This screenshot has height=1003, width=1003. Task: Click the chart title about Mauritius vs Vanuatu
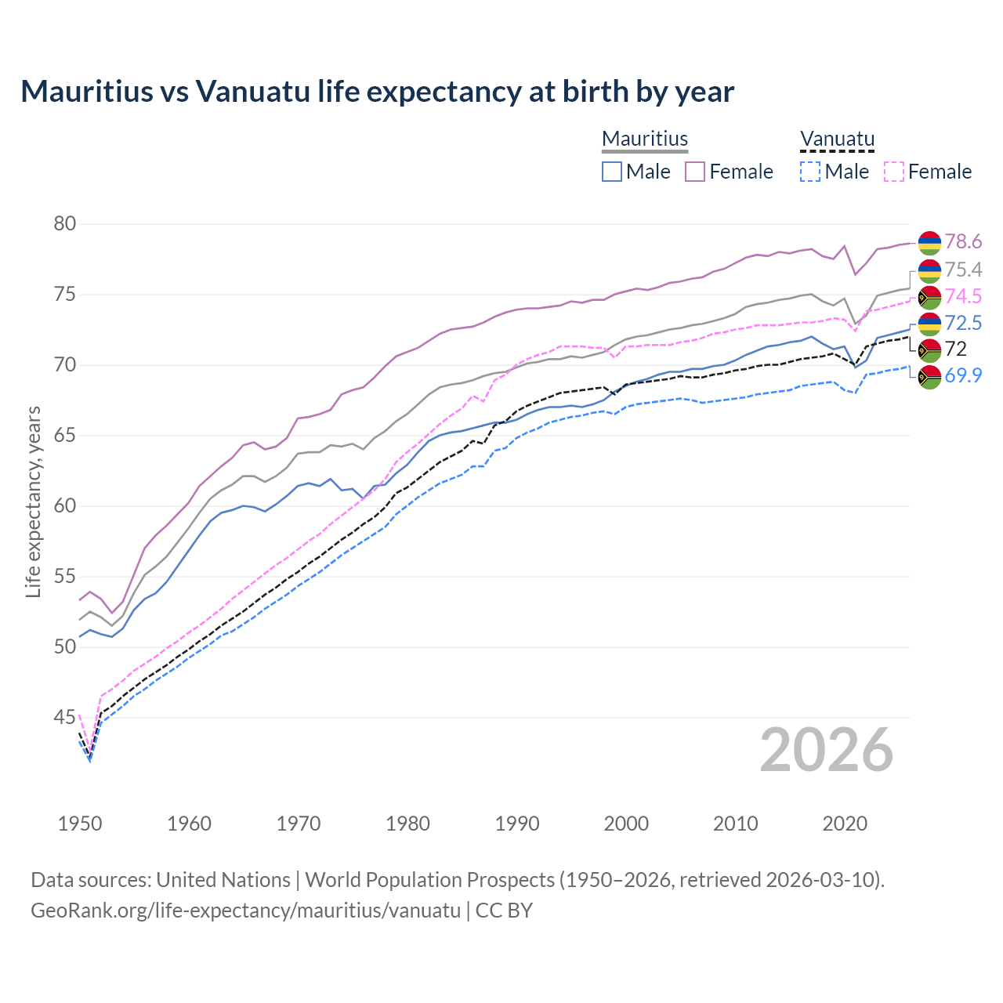click(x=377, y=92)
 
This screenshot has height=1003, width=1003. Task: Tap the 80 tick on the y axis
click(x=65, y=224)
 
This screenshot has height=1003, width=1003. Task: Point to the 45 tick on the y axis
click(x=65, y=717)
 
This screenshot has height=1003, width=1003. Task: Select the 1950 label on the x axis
click(x=80, y=824)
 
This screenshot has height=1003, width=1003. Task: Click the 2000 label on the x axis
click(x=626, y=824)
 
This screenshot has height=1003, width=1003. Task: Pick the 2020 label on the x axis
click(x=845, y=824)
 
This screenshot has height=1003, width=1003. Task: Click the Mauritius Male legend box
click(x=612, y=172)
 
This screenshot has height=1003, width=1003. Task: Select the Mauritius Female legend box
click(x=695, y=172)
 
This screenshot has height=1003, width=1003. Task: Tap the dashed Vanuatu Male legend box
click(x=810, y=172)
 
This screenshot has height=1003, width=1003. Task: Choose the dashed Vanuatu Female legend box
click(x=894, y=172)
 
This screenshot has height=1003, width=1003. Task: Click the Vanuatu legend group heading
click(x=837, y=139)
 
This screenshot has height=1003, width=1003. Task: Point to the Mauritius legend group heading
click(x=645, y=139)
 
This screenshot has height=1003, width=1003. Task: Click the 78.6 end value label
click(x=963, y=242)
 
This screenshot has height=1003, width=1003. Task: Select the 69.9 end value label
click(x=963, y=375)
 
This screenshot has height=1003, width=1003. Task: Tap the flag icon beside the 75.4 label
click(x=929, y=270)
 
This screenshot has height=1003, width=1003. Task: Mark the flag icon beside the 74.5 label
click(x=929, y=297)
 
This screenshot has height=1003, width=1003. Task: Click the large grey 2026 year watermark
click(x=827, y=750)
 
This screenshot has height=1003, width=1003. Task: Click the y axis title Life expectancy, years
click(x=34, y=501)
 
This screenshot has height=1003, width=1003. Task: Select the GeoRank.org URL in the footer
click(x=245, y=911)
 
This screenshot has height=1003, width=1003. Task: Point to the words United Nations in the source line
click(x=223, y=880)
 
